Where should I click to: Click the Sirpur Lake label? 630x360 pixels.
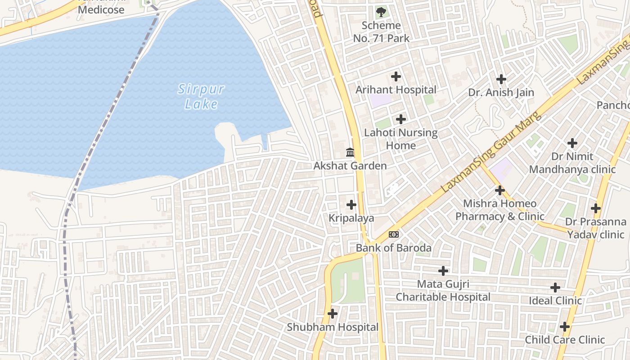click(x=201, y=96)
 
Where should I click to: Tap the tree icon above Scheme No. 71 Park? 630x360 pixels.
click(x=381, y=11)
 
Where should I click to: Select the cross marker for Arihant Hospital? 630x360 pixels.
click(x=396, y=76)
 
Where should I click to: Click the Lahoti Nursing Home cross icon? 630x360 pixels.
click(x=401, y=119)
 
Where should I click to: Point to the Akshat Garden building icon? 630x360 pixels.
click(x=350, y=152)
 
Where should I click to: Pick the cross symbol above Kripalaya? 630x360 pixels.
click(x=351, y=205)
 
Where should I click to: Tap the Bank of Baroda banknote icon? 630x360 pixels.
click(x=394, y=234)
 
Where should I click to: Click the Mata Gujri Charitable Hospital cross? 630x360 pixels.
click(x=443, y=271)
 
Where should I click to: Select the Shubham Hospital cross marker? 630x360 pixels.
click(x=333, y=314)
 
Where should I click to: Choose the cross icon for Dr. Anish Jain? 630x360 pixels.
click(x=501, y=79)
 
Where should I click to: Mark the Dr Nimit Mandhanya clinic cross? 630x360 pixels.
click(x=572, y=143)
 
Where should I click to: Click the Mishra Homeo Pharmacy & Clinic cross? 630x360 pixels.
click(x=499, y=190)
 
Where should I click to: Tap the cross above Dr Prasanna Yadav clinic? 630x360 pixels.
click(x=596, y=208)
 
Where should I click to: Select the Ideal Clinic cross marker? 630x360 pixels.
click(x=555, y=287)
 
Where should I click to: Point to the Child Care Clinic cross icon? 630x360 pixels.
click(x=565, y=327)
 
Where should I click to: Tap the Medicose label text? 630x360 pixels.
click(x=101, y=9)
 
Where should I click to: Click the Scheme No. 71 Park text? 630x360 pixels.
click(x=381, y=32)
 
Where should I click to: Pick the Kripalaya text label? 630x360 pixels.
click(x=351, y=218)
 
